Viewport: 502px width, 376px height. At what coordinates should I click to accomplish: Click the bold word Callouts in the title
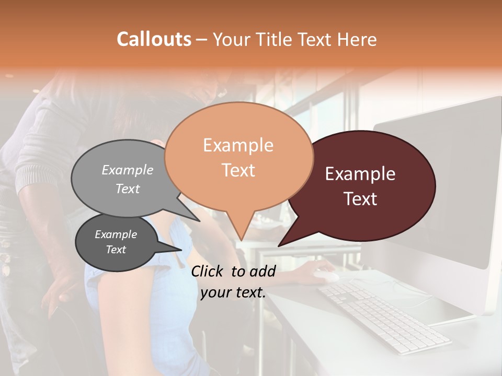154,39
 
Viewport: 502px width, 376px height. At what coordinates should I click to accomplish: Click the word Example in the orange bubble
238,145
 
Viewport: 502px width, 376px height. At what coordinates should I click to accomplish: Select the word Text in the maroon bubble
361,199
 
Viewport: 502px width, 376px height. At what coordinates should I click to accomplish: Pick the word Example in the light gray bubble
128,170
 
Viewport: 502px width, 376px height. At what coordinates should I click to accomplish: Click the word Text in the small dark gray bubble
116,250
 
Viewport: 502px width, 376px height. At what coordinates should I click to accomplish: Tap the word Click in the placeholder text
208,271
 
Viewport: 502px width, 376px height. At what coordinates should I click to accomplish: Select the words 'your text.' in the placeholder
233,292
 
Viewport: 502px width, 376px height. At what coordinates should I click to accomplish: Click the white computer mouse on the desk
325,275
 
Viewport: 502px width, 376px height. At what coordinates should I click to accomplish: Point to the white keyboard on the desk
384,316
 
